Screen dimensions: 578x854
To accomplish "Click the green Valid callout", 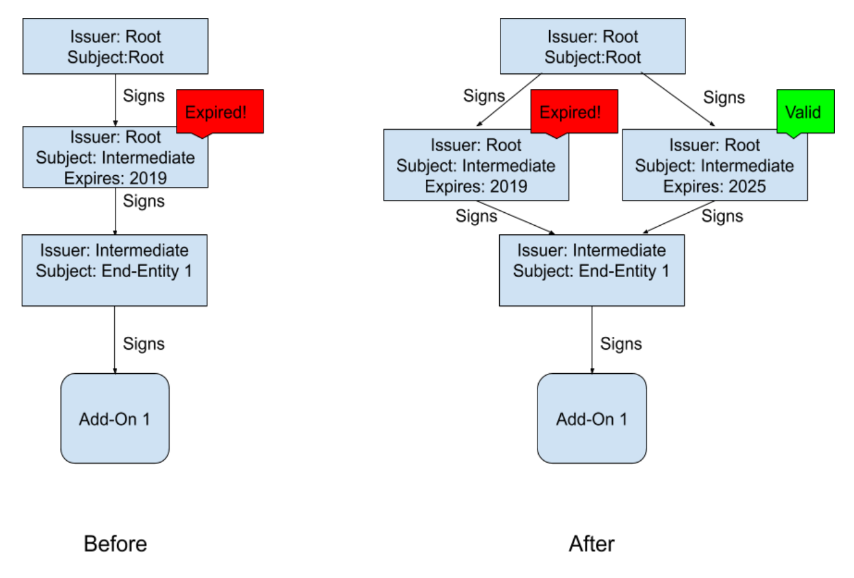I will pyautogui.click(x=805, y=112).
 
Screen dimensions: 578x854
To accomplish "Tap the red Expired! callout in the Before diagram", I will pyautogui.click(x=220, y=112).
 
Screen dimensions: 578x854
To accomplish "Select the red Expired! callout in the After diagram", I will pyautogui.click(x=574, y=112).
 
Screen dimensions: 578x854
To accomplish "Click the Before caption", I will pyautogui.click(x=115, y=543).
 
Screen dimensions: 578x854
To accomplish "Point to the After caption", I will pyautogui.click(x=591, y=543).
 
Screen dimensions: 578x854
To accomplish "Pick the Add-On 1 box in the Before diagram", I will pyautogui.click(x=115, y=418).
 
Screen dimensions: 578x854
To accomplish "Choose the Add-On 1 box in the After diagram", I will pyautogui.click(x=591, y=418).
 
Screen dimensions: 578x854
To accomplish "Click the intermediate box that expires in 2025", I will pyautogui.click(x=714, y=165).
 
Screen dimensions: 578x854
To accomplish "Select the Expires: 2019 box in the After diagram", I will pyautogui.click(x=476, y=165).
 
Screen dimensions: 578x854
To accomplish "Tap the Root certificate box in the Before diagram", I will pyautogui.click(x=115, y=46).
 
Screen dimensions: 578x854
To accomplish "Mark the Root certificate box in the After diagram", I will pyautogui.click(x=592, y=46).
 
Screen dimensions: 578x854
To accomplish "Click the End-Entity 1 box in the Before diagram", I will pyautogui.click(x=115, y=270).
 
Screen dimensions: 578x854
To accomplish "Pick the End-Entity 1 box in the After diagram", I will pyautogui.click(x=591, y=270).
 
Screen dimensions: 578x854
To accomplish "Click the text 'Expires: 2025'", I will pyautogui.click(x=714, y=186).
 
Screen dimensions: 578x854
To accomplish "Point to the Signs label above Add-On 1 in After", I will pyautogui.click(x=621, y=344).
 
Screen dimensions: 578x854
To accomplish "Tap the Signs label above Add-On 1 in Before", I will pyautogui.click(x=144, y=344).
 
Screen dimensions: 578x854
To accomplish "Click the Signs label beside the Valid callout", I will pyautogui.click(x=724, y=97).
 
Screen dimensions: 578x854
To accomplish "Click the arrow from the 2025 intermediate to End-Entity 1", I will pyautogui.click(x=679, y=217).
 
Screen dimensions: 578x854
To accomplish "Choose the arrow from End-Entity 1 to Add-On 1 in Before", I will pyautogui.click(x=115, y=339).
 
